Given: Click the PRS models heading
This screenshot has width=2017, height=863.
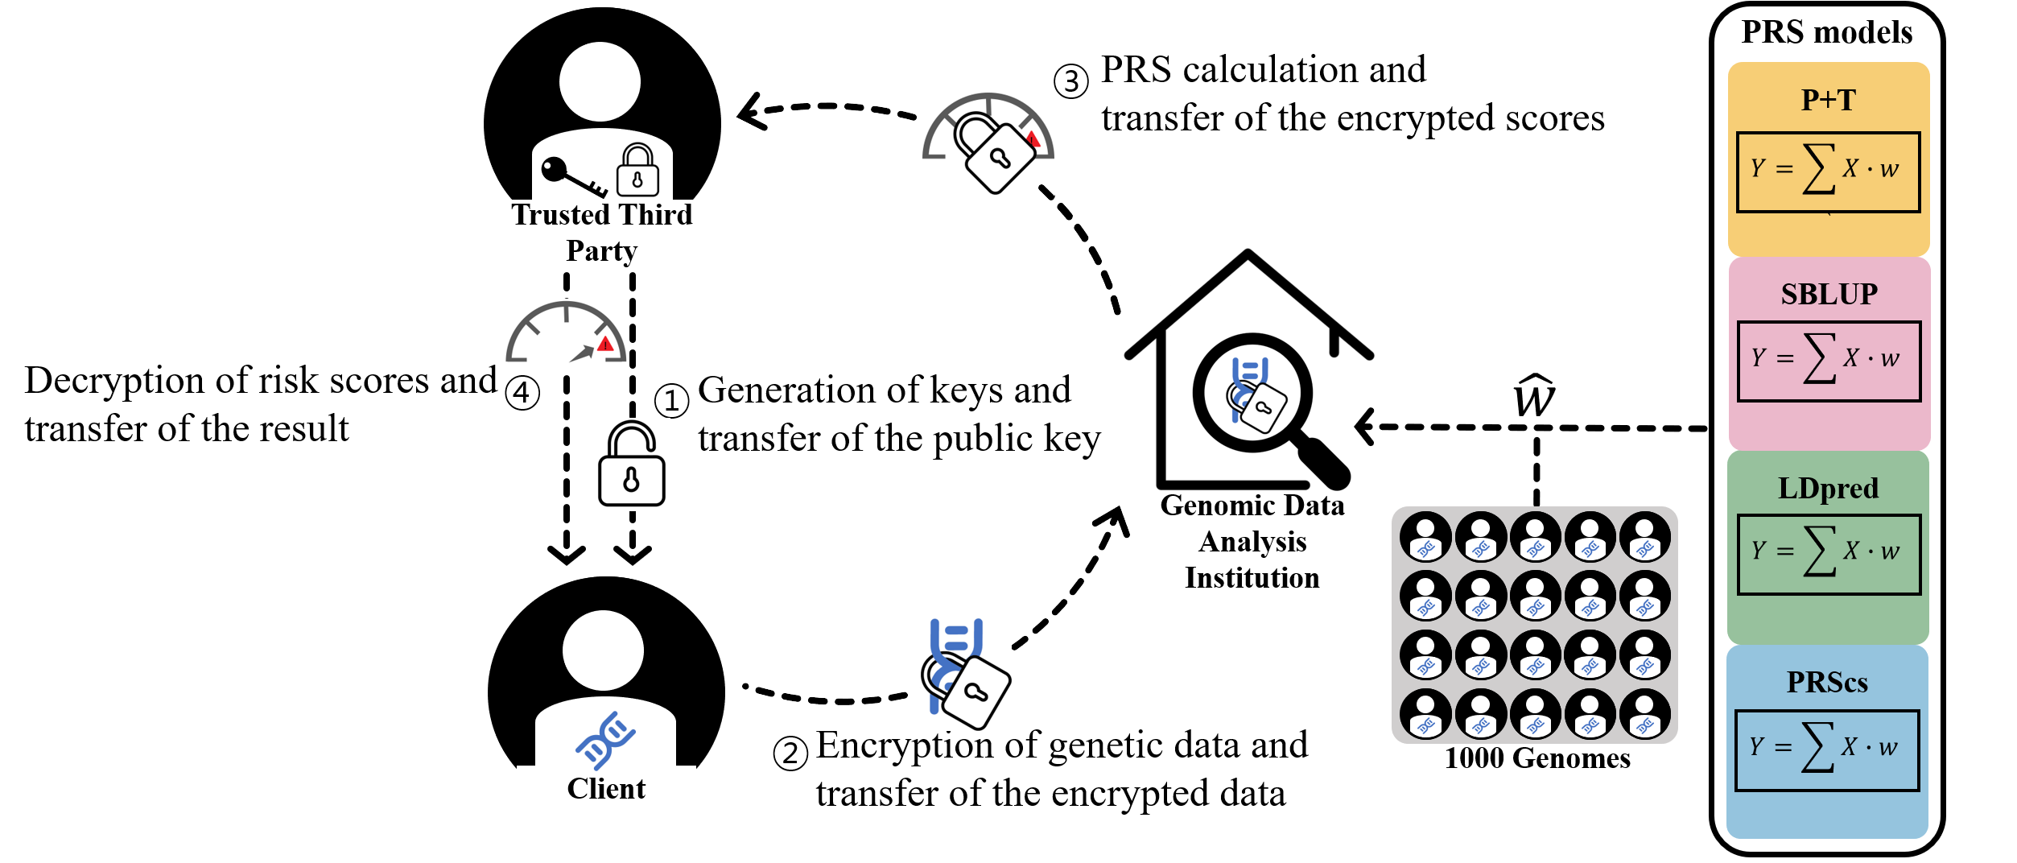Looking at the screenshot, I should (1826, 32).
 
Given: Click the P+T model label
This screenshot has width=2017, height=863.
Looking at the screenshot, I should (1828, 100).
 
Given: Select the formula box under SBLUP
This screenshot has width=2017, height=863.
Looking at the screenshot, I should (1828, 361).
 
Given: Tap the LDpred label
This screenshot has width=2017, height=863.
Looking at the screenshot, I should (1828, 488).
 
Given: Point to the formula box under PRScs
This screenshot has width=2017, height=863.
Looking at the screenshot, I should (1826, 749).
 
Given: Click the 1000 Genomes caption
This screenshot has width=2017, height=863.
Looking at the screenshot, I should (1536, 758).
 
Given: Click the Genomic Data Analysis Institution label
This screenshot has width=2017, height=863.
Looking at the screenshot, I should (1252, 541).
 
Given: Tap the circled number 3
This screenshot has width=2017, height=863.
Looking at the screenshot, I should (1071, 81).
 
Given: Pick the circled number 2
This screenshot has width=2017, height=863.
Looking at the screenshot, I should (790, 754).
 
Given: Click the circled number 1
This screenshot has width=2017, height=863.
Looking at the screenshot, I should (671, 400).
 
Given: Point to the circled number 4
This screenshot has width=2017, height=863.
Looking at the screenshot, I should (522, 393).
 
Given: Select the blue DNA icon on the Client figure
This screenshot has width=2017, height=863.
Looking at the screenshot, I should (605, 739).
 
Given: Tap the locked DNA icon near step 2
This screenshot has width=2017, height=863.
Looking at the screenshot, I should (964, 673).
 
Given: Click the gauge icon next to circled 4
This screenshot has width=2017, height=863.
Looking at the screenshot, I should (566, 333).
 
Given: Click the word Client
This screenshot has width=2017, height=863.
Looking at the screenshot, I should (606, 789).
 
